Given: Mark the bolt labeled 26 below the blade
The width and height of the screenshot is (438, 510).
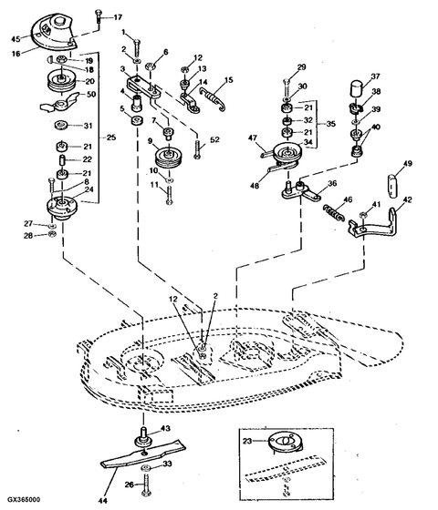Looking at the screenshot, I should tap(143, 485).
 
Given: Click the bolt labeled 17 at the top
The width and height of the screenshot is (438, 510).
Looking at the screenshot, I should tap(97, 16).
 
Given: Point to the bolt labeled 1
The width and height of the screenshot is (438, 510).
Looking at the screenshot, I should tap(136, 43).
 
